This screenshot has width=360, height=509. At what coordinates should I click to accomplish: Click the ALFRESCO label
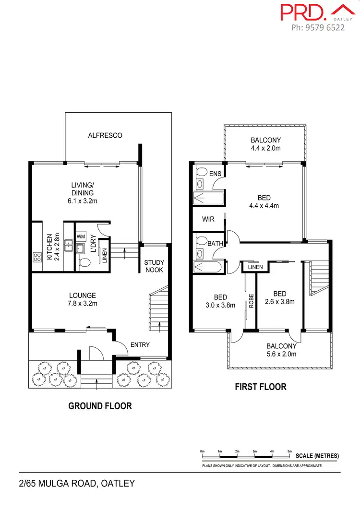(105, 135)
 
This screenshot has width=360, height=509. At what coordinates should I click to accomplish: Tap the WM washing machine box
(81, 237)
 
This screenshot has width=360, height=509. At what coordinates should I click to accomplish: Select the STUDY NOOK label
(154, 266)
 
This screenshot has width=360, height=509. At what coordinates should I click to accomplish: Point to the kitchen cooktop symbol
(37, 256)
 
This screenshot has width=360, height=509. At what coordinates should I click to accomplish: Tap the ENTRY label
(140, 344)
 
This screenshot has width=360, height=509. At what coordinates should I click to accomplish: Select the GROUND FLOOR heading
(100, 406)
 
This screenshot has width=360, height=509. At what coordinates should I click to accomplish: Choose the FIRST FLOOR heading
(260, 387)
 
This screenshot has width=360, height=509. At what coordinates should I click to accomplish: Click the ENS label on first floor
(215, 173)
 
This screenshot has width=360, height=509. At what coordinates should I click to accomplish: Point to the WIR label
(208, 219)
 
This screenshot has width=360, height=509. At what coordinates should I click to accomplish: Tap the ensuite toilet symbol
(201, 173)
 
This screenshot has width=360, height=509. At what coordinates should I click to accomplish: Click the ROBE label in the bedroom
(251, 300)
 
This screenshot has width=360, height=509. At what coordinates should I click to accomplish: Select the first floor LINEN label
(255, 267)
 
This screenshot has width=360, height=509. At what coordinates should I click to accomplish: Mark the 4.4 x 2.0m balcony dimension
(265, 148)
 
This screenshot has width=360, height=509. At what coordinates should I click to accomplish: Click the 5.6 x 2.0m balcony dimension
(281, 354)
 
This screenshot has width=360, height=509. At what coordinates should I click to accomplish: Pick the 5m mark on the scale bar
(289, 451)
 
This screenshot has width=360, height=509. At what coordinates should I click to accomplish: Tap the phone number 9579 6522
(318, 27)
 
